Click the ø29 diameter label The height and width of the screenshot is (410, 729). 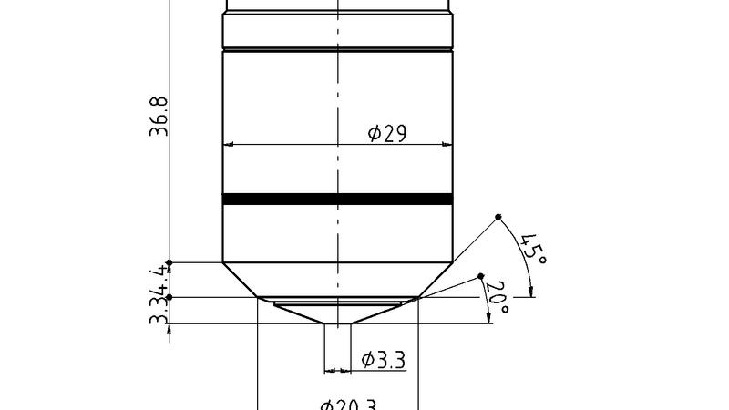point(386,133)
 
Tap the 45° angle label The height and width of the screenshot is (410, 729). point(533,248)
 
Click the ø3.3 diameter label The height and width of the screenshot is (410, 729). point(383,359)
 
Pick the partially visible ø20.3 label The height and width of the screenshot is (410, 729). point(348,405)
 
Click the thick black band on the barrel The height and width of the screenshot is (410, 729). point(337,199)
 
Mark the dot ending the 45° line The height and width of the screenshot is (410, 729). point(498,217)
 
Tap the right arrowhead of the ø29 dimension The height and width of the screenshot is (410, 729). point(447,144)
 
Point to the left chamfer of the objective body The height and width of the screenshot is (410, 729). point(241,280)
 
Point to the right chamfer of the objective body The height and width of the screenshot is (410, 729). point(435,280)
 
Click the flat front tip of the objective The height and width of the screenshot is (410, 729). point(337,323)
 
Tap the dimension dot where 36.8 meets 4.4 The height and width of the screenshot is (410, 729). point(169,262)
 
